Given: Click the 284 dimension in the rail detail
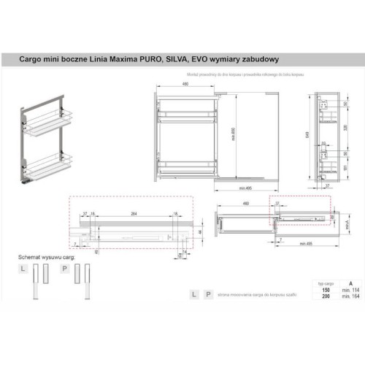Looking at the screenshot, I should tap(134, 213).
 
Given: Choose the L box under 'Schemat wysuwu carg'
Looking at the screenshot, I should tap(24, 269).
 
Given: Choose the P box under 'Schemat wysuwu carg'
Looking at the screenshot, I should tap(65, 269).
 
